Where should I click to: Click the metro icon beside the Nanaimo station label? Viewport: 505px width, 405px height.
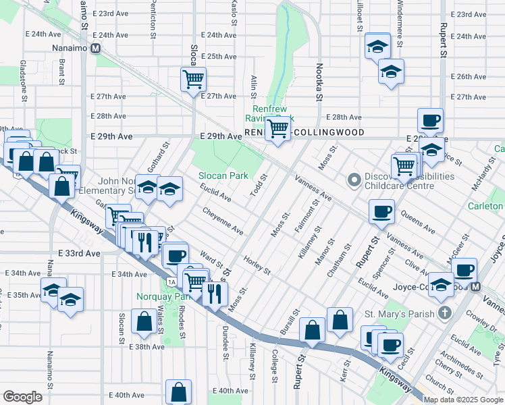click(96, 49)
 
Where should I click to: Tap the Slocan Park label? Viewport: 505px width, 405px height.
click(223, 175)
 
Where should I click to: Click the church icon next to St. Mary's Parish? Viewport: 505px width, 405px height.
click(444, 313)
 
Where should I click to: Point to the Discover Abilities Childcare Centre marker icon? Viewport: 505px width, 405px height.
click(352, 180)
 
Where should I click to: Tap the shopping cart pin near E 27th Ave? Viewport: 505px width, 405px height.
click(193, 79)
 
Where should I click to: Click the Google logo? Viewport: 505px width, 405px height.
click(22, 397)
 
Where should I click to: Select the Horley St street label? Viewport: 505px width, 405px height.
click(257, 266)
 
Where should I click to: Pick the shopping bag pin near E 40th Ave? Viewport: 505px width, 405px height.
click(179, 391)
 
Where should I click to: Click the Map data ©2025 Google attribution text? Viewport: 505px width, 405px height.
click(463, 400)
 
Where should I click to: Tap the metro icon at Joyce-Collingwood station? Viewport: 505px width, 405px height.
click(475, 287)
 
